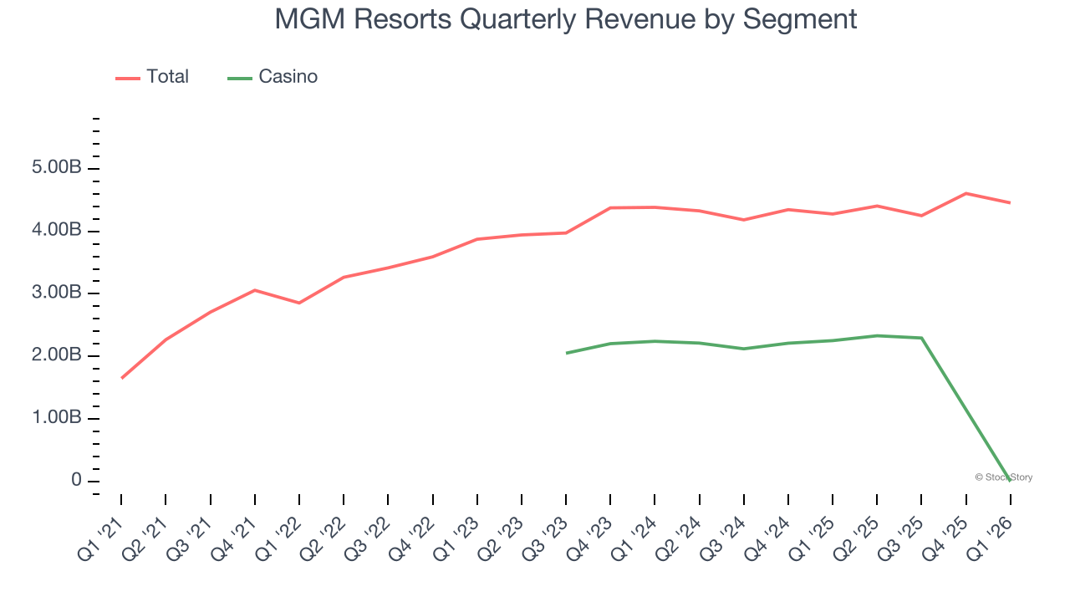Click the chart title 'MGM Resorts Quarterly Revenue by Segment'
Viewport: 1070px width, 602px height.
click(x=566, y=19)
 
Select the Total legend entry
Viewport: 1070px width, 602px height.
click(x=153, y=77)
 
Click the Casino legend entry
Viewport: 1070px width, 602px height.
click(x=273, y=77)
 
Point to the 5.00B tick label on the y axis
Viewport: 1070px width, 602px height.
click(x=58, y=168)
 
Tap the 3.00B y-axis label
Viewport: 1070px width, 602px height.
click(x=58, y=293)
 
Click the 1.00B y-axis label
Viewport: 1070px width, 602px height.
click(x=58, y=418)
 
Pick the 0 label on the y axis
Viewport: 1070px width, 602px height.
click(x=76, y=481)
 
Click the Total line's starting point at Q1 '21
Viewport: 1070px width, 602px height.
click(x=121, y=378)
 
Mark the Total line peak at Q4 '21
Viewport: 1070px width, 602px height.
click(x=255, y=290)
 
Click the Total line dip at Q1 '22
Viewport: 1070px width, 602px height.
click(x=299, y=303)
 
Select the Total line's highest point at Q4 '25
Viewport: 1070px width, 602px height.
click(x=966, y=193)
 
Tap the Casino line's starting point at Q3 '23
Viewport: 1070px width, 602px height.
click(x=566, y=353)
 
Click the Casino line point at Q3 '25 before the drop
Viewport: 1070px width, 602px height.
click(x=921, y=338)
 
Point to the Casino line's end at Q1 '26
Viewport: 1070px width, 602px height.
click(x=1011, y=480)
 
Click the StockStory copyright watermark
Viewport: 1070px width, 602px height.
click(x=1003, y=477)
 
